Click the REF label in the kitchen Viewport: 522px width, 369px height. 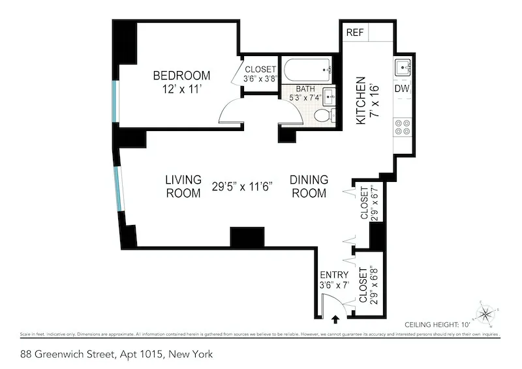coord(355,32)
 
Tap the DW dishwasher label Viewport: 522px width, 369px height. coord(401,88)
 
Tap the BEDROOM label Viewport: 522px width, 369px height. coord(182,75)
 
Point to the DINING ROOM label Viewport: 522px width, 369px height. coord(309,186)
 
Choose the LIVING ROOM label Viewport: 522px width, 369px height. coord(183,186)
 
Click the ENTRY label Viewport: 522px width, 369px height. coord(333,274)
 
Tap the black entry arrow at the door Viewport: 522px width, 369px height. coord(336,319)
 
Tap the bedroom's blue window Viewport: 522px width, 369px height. coord(116,101)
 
